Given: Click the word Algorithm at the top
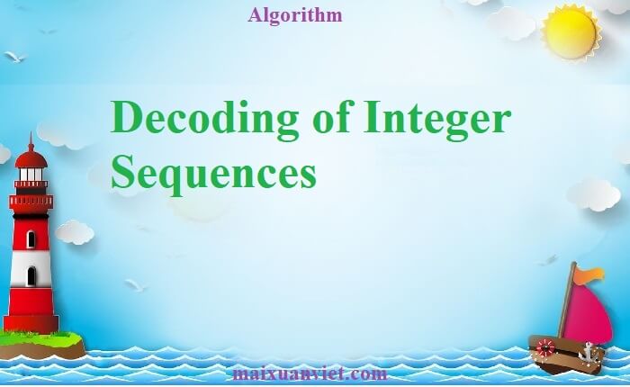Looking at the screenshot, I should pyautogui.click(x=294, y=15).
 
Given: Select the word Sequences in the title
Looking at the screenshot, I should pyautogui.click(x=213, y=170).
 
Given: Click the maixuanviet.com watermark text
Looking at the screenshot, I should pyautogui.click(x=309, y=373).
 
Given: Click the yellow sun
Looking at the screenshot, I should pyautogui.click(x=571, y=32).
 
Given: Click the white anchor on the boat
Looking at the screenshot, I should pyautogui.click(x=590, y=350).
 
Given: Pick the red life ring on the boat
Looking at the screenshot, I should pyautogui.click(x=545, y=347).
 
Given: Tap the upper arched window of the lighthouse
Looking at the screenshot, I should pyautogui.click(x=31, y=239).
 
